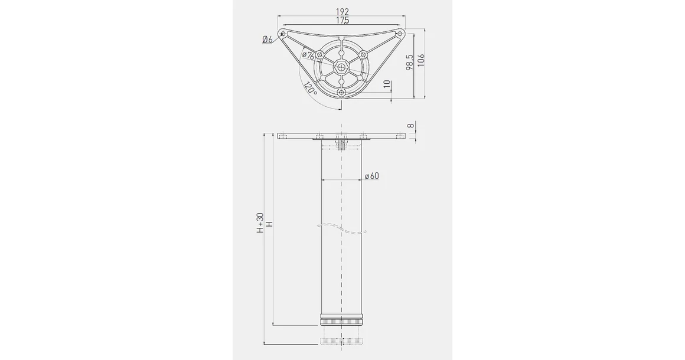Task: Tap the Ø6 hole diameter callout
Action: tap(267, 40)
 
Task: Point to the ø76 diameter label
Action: tap(308, 55)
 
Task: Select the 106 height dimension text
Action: tap(421, 60)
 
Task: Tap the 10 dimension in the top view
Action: tap(386, 86)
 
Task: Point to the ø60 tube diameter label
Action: tap(371, 176)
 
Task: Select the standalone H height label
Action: tap(269, 224)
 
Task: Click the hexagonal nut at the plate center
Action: tap(341, 66)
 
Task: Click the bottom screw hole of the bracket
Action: tap(341, 93)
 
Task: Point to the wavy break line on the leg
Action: tap(341, 228)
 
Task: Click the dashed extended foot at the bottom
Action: tap(341, 341)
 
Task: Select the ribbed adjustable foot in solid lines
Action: tap(341, 322)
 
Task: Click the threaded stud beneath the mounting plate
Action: tap(341, 146)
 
